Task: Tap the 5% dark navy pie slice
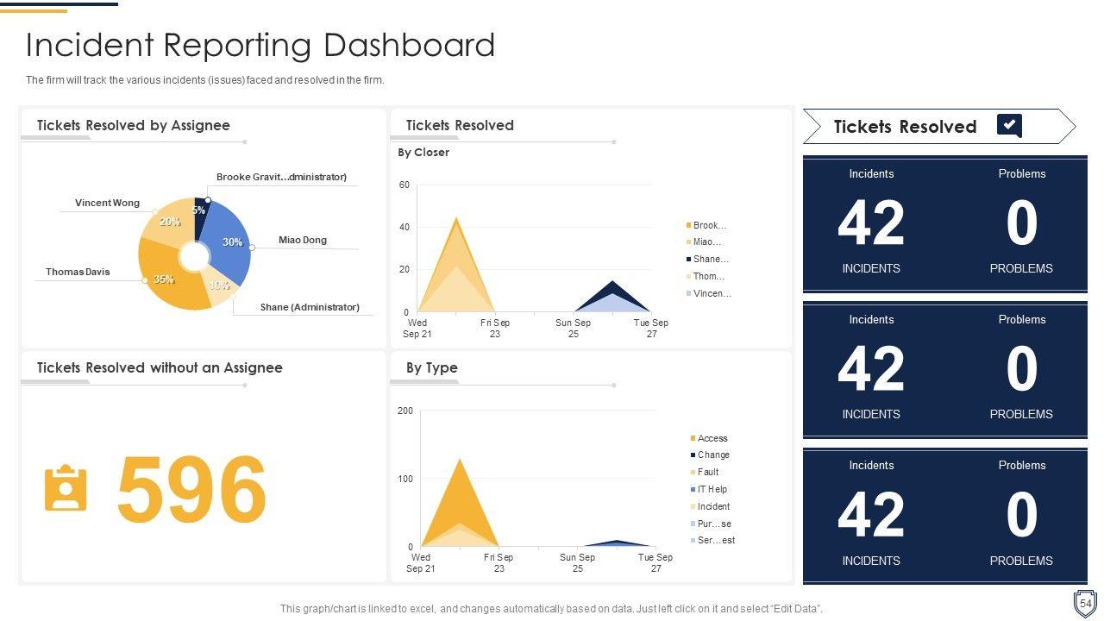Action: tap(200, 216)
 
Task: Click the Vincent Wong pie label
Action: tap(107, 204)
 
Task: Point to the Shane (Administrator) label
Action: tap(310, 307)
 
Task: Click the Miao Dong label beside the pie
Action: tap(303, 240)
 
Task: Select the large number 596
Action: tap(191, 489)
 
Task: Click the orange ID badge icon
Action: tap(66, 489)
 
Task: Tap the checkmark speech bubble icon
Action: tap(1010, 126)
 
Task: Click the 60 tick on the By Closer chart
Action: tap(404, 185)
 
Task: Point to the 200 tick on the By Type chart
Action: tap(405, 411)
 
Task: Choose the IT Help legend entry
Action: tap(712, 489)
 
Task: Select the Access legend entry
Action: tap(712, 438)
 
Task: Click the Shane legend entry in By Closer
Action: tap(711, 259)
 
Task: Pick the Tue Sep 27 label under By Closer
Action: tap(651, 329)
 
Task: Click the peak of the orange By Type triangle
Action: tap(460, 460)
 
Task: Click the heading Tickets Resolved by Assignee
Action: tap(134, 125)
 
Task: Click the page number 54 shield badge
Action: tap(1085, 602)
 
